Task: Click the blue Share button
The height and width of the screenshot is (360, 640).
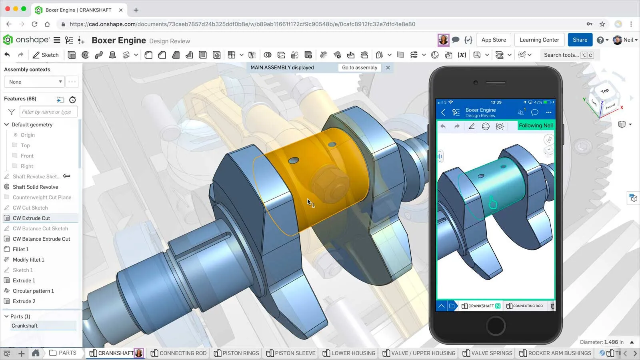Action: (580, 40)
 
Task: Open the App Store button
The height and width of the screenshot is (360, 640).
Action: (493, 40)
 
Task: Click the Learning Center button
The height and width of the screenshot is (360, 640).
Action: (539, 40)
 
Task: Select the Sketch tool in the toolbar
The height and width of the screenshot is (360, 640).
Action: (46, 55)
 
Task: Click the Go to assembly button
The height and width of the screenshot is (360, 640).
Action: (359, 68)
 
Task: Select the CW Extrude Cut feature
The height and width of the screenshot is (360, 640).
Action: (31, 218)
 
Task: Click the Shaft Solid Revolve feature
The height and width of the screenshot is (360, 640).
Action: (35, 187)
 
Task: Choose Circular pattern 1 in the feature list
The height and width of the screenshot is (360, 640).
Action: (33, 291)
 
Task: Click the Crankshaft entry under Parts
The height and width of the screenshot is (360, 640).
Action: (25, 326)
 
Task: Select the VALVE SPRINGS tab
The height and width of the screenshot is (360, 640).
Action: (487, 353)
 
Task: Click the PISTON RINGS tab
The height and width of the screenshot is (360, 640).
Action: (236, 353)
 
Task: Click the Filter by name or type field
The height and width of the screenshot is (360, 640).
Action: (48, 112)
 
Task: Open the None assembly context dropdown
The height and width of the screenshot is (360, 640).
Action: (34, 82)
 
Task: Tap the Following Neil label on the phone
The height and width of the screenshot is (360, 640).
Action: (535, 125)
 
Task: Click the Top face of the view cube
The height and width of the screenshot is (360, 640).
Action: (604, 91)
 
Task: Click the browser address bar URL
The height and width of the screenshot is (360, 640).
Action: (242, 24)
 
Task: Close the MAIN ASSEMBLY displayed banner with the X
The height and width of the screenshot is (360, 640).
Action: (388, 68)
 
